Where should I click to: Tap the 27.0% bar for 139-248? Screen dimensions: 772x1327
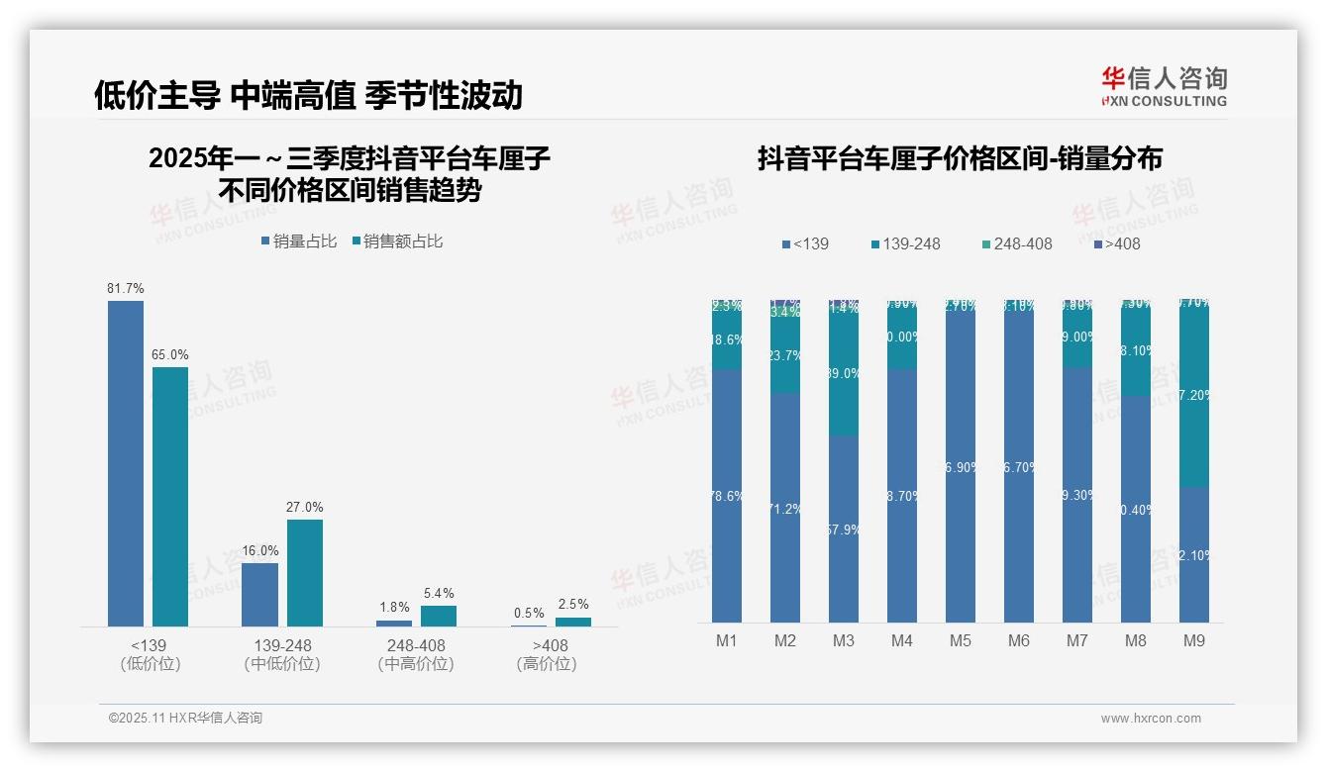click(305, 573)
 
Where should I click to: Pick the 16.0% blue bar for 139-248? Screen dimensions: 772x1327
click(259, 595)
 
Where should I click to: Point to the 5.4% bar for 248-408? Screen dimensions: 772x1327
click(439, 616)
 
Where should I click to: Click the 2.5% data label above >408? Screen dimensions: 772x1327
click(572, 604)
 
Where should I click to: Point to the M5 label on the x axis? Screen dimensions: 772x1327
click(960, 640)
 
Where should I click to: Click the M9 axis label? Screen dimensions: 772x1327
click(1193, 640)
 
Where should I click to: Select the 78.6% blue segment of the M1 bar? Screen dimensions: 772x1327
click(727, 496)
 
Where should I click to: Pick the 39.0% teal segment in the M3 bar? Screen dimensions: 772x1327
click(843, 374)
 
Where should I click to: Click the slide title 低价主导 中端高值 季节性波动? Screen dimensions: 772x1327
click(307, 95)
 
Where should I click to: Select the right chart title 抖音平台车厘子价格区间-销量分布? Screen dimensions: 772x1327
click(960, 158)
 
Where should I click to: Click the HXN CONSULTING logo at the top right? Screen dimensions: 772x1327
click(1164, 87)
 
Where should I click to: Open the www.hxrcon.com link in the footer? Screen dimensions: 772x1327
click(1151, 719)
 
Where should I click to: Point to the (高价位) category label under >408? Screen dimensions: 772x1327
click(547, 664)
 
